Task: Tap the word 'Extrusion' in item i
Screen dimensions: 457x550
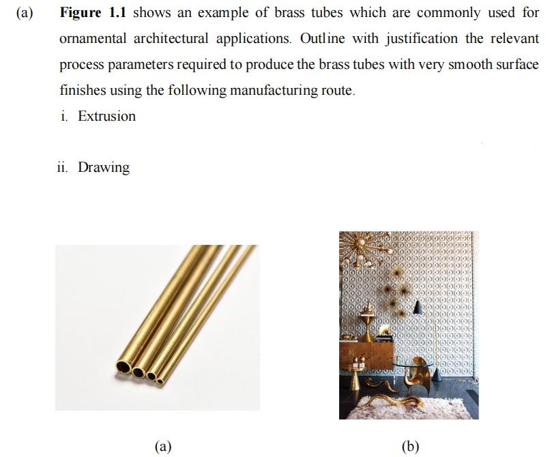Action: coord(106,117)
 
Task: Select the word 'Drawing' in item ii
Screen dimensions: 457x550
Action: coord(104,167)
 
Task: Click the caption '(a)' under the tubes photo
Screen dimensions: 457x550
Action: coord(162,446)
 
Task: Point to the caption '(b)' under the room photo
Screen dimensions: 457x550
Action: coord(411,446)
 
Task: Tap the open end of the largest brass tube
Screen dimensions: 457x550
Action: coord(124,366)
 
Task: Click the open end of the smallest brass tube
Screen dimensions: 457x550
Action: coord(161,381)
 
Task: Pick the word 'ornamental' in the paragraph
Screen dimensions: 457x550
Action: coord(93,39)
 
